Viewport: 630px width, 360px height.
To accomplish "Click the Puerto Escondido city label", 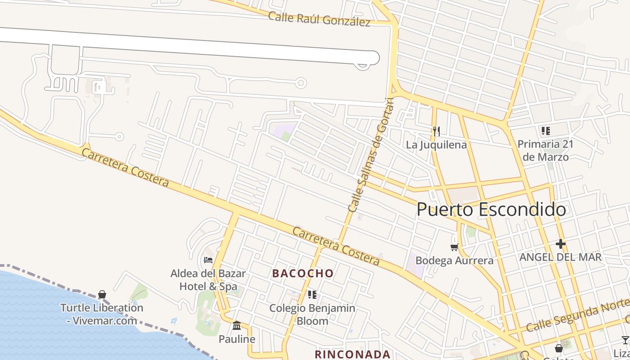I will (x=491, y=210).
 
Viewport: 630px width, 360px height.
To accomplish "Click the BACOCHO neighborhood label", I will (x=303, y=273).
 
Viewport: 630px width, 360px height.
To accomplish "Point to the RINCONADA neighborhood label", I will (x=352, y=354).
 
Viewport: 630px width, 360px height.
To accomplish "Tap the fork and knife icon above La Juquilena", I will (x=436, y=131).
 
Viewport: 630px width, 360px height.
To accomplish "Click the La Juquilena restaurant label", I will (x=436, y=145).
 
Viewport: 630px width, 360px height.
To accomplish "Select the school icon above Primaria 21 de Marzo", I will (x=546, y=131).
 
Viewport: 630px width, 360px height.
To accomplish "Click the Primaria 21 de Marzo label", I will (x=546, y=151).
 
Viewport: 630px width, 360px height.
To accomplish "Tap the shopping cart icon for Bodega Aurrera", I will (x=454, y=247).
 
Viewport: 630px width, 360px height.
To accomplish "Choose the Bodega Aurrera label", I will (x=454, y=261).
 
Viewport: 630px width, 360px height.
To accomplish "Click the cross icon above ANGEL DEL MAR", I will (x=560, y=244).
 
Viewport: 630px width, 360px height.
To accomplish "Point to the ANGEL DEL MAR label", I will (x=560, y=257).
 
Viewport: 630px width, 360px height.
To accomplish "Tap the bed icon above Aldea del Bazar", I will (x=208, y=260).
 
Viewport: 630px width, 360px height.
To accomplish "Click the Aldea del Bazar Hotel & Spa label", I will (x=208, y=279).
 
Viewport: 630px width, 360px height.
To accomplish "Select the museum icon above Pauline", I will (x=237, y=325).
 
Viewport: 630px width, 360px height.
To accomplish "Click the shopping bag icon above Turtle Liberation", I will (x=102, y=294).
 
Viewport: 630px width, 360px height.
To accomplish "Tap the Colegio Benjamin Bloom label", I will (x=312, y=315).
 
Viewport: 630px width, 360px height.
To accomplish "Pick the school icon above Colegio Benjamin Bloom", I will (x=312, y=295).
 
